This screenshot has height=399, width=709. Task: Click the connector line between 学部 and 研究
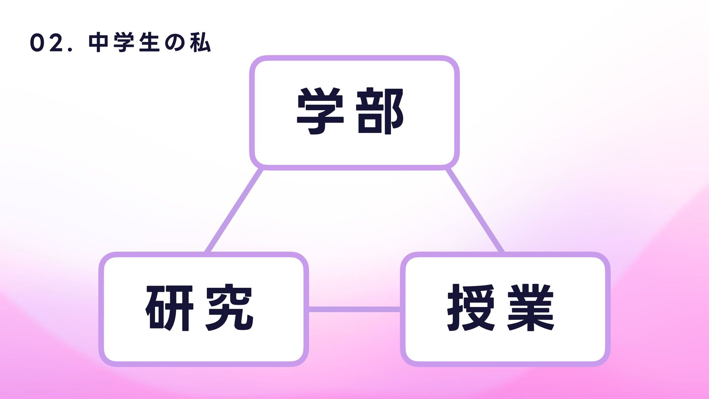[x=234, y=211]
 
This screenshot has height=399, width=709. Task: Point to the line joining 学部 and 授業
[x=475, y=211]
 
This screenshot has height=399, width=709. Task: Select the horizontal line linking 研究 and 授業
[x=354, y=309]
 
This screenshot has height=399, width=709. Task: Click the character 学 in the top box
[x=320, y=111]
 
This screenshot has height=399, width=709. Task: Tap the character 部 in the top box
[x=380, y=111]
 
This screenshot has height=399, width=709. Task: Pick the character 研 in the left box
[x=169, y=308]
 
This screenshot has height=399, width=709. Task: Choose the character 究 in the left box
[x=229, y=308]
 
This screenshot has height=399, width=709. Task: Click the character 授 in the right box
[x=471, y=308]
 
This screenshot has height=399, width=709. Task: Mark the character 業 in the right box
[x=531, y=308]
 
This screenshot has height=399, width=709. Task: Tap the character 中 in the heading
[x=98, y=43]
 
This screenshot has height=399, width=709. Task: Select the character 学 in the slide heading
[x=124, y=43]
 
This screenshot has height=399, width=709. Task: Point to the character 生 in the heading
[x=149, y=43]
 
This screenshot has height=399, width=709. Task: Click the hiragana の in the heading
[x=175, y=43]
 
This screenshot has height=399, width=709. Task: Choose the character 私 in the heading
[x=200, y=43]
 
